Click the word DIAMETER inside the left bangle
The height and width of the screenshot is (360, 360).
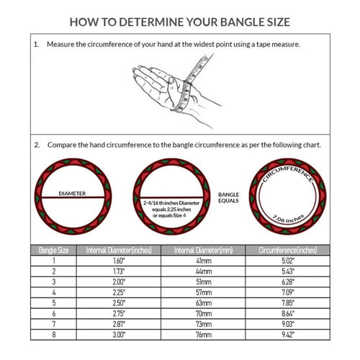coord(73,194)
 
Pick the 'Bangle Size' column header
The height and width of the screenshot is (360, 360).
coord(53,250)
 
